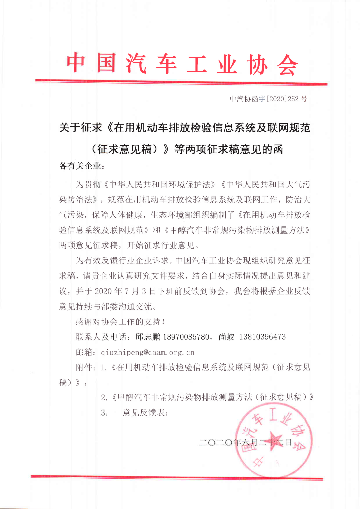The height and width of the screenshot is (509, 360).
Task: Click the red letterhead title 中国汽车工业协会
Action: pyautogui.click(x=182, y=63)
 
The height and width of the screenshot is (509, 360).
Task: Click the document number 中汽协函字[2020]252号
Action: pyautogui.click(x=268, y=99)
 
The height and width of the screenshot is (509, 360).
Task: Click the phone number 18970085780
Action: pyautogui.click(x=186, y=337)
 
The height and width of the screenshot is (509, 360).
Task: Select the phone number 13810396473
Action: pyautogui.click(x=262, y=337)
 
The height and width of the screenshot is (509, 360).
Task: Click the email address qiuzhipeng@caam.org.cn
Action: pyautogui.click(x=147, y=352)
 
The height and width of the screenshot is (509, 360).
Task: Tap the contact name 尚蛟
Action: pyautogui.click(x=226, y=337)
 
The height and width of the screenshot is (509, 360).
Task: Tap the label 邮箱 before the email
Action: pyautogui.click(x=84, y=352)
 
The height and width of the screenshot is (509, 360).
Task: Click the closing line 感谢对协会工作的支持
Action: pyautogui.click(x=120, y=322)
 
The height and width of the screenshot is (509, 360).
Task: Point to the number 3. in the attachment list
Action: pyautogui.click(x=104, y=413)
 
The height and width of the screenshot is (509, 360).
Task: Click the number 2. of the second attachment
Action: pyautogui.click(x=104, y=397)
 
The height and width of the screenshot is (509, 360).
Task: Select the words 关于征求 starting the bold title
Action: pyautogui.click(x=80, y=128)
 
